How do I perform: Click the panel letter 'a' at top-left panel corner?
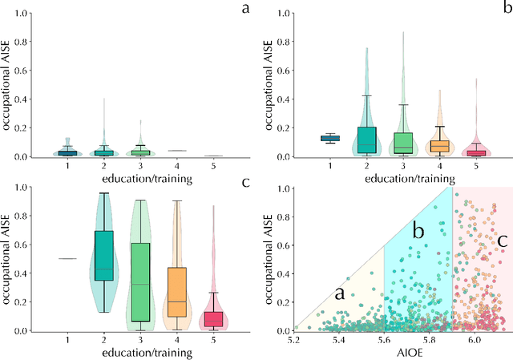(243, 10)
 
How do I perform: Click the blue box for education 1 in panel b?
(330, 138)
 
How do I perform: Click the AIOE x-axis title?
(404, 353)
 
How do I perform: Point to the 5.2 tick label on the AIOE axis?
(294, 340)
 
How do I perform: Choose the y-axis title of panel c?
(10, 259)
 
